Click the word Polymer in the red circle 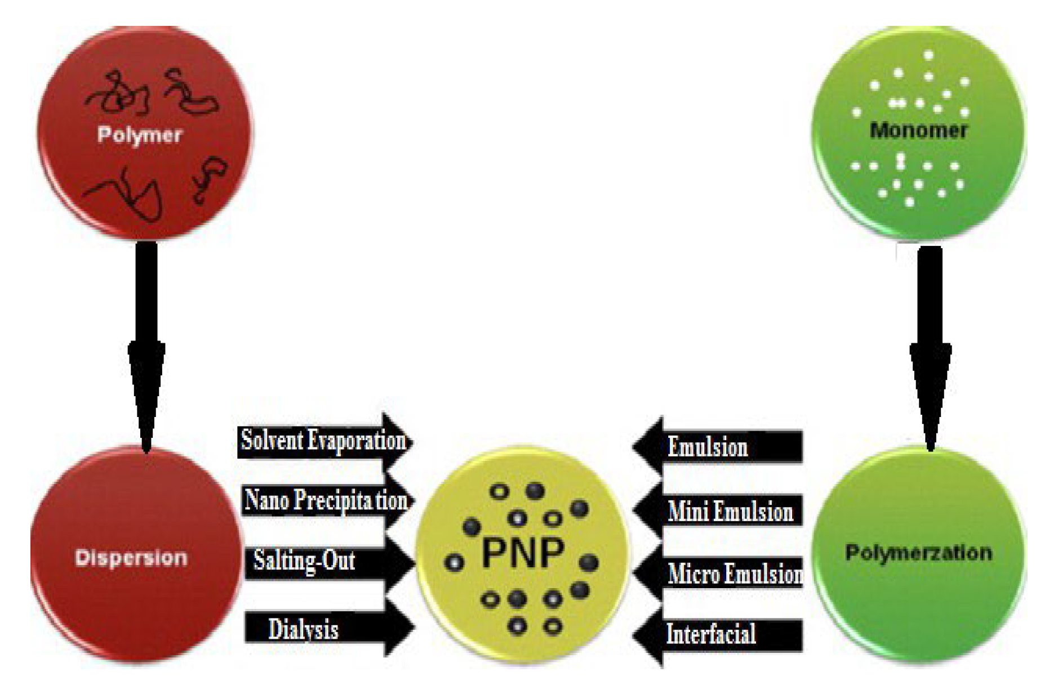point(140,135)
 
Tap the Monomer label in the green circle point(918,131)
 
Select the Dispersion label point(131,558)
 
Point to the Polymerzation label point(918,553)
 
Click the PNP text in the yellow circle point(523,554)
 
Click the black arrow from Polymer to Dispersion point(146,343)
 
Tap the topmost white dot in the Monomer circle point(928,55)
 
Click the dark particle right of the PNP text point(589,562)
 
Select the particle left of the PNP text point(454,562)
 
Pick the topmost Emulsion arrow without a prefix point(718,447)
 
